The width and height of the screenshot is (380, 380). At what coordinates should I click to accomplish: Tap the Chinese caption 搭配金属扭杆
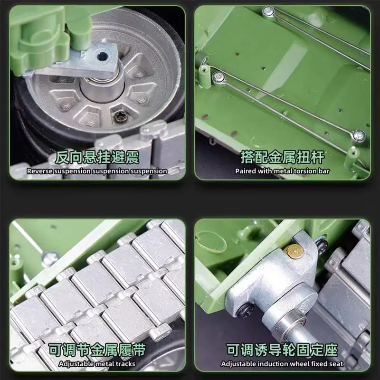tap(282, 157)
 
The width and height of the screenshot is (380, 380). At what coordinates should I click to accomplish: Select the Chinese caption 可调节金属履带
tap(97, 351)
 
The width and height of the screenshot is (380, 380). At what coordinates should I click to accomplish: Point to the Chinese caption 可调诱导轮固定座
tap(282, 351)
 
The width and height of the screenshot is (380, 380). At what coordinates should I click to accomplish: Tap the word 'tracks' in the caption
tap(125, 364)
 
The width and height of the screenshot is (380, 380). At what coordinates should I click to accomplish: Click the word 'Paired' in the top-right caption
tap(246, 171)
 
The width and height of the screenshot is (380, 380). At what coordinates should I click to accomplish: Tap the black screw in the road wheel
tap(122, 116)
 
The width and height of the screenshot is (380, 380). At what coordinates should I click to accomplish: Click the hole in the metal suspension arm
tap(103, 56)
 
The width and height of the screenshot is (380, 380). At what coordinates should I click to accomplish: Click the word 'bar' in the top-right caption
tap(324, 171)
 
